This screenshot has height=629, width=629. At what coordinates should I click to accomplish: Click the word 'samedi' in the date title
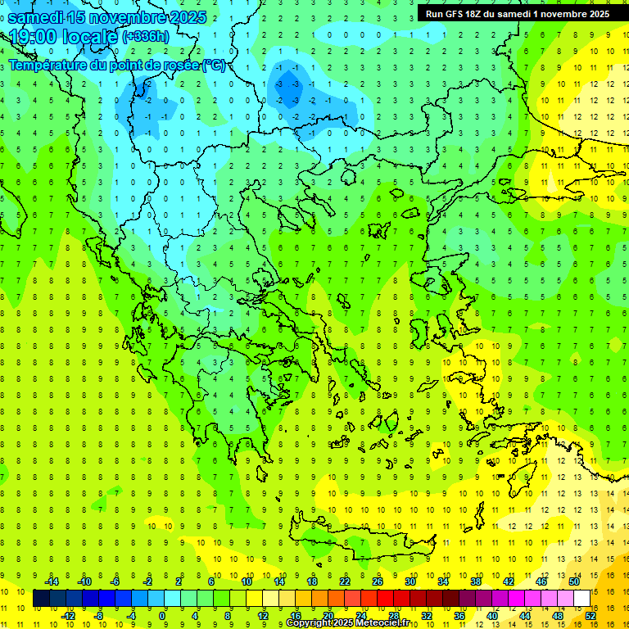pos(36,16)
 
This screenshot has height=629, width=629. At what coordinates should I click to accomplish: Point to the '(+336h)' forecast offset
pos(147,37)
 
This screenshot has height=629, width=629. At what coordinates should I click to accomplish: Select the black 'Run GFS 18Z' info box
pos(517,13)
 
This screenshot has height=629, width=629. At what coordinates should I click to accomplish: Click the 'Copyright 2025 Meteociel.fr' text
pos(347,623)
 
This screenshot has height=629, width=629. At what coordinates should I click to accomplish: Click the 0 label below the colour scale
pos(163,616)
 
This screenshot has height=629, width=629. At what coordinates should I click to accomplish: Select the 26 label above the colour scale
pos(378,581)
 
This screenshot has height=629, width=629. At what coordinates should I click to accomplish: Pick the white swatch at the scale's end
pos(582,599)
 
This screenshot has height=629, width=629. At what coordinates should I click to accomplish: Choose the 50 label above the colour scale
pos(574,581)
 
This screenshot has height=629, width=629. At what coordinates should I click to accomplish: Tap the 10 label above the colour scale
pos(247,581)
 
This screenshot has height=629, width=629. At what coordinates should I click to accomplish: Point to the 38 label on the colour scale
pos(476,581)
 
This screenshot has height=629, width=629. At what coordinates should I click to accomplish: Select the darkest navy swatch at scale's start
pos(41,599)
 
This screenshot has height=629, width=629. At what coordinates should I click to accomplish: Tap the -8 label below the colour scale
pos(98,616)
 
